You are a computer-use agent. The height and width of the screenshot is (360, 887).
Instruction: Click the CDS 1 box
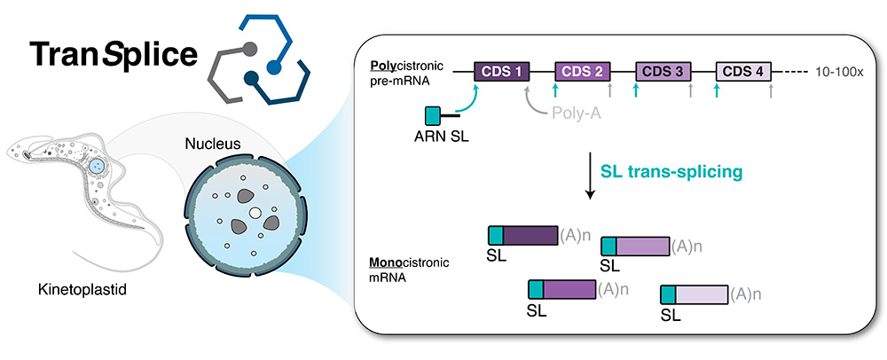[x=502, y=72]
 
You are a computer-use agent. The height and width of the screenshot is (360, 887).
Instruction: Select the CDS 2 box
[x=583, y=72]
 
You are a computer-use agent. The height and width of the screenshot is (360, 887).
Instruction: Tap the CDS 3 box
[x=663, y=72]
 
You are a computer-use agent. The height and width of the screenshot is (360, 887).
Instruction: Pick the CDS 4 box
[x=744, y=72]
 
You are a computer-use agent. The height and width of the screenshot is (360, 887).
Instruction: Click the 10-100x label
[x=838, y=73]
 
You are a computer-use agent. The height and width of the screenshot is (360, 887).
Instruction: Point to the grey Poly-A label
[x=575, y=114]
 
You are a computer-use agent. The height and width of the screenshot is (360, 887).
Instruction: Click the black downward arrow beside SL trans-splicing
[x=590, y=177]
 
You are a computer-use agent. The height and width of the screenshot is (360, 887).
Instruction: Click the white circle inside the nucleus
[x=255, y=213]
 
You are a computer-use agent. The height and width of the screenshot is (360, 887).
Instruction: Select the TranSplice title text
[x=114, y=54]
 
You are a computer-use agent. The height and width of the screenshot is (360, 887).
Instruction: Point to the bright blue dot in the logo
[x=274, y=67]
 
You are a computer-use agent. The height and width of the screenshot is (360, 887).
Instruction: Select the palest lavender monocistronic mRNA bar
[x=695, y=295]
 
